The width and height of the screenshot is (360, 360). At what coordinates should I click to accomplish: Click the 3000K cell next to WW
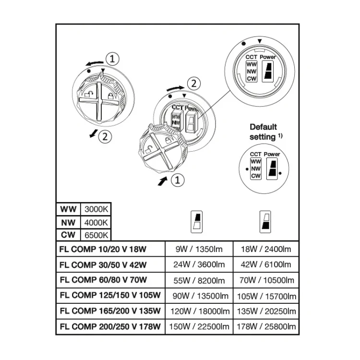pos(96,209)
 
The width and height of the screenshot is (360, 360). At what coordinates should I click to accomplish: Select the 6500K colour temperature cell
pos(96,235)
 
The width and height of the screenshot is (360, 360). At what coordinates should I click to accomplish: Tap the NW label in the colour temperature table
pos(68,222)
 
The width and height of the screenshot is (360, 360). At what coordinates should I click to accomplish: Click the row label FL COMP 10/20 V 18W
pos(103,249)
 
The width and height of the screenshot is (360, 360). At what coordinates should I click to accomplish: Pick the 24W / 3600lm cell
pos(199,264)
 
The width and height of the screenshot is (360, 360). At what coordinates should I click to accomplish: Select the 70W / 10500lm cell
pos(266,280)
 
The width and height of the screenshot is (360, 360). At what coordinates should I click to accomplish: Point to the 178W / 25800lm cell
pos(266,326)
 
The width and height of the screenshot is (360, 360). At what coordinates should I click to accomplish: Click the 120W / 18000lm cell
pos(200,311)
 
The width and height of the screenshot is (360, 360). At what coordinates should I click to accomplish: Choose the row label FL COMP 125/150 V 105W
pos(110,295)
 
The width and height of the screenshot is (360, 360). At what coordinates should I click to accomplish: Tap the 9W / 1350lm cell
pos(199,249)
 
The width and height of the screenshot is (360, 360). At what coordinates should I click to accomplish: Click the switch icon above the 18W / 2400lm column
pos(265,222)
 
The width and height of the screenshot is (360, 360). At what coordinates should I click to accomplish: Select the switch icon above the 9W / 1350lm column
pos(197,222)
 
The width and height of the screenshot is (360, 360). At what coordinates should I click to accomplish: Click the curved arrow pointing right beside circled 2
pos(175,88)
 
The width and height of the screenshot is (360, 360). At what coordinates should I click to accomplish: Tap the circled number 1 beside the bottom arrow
pos(178,180)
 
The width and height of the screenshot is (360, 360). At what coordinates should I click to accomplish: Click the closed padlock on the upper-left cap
pos(111,96)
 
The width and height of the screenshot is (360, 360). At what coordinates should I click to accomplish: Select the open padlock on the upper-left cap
pos(88,94)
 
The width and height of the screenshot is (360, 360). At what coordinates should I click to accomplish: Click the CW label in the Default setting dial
pos(256,176)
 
